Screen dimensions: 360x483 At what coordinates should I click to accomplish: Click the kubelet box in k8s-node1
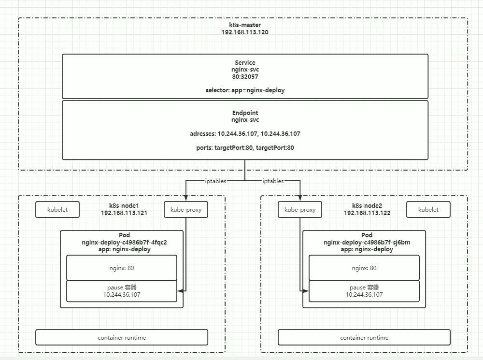(57, 210)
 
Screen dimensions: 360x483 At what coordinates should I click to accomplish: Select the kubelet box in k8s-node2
(428, 210)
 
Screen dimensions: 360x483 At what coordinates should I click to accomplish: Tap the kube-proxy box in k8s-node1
(186, 210)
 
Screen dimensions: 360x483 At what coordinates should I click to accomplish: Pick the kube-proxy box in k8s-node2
(300, 210)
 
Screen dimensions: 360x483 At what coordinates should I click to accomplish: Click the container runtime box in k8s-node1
(122, 337)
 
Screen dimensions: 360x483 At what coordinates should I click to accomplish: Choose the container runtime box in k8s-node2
(364, 337)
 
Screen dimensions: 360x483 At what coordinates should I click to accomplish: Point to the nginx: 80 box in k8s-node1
(122, 268)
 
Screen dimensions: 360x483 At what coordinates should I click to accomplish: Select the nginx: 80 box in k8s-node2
(364, 268)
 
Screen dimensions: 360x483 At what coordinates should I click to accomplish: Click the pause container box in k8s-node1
(122, 291)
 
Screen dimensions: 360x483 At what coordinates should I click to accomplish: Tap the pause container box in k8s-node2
(364, 291)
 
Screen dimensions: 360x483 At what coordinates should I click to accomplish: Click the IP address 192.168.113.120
(245, 32)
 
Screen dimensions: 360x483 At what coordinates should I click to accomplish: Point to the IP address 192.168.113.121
(124, 213)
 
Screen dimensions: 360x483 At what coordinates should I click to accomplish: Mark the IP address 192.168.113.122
(367, 213)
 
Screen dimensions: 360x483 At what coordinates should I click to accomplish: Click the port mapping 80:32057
(245, 76)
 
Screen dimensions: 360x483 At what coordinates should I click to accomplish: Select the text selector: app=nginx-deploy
(245, 90)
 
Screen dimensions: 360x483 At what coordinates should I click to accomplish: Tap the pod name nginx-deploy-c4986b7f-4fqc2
(124, 243)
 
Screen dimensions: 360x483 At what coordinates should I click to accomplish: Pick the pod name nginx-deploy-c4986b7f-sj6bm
(367, 243)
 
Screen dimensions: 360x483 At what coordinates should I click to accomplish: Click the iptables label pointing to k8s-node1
(213, 181)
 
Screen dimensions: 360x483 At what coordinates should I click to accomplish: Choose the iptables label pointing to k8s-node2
(273, 181)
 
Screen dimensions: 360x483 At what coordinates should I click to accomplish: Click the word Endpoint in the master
(245, 113)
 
